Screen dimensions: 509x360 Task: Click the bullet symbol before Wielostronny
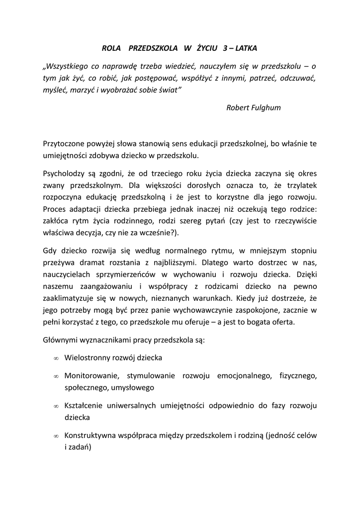[56, 358]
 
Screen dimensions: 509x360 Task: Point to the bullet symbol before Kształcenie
[56, 407]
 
